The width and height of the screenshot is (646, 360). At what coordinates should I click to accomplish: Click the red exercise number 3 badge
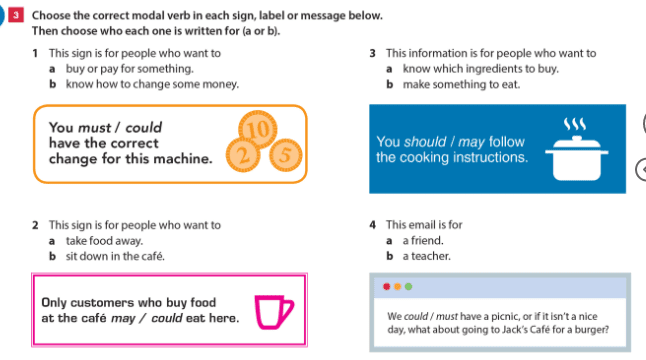point(16,15)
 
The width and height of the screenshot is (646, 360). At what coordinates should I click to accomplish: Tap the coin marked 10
point(258,129)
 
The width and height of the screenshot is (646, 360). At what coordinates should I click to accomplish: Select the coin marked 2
point(243,155)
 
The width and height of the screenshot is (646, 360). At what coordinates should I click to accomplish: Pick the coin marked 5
point(286,155)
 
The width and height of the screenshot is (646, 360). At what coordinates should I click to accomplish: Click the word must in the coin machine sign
point(95,128)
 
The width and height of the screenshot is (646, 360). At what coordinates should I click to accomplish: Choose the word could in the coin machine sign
point(144,128)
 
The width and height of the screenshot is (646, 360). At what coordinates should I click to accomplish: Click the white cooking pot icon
point(577,158)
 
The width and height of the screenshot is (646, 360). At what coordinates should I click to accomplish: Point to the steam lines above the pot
point(575,124)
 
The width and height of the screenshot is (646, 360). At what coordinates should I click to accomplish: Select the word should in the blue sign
point(425,142)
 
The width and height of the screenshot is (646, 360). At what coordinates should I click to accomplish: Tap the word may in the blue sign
point(471,143)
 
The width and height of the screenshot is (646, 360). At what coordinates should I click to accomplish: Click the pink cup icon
point(274,312)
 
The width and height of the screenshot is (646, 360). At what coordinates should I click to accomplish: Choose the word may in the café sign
point(123,318)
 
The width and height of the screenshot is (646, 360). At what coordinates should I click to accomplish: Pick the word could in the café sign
point(167,318)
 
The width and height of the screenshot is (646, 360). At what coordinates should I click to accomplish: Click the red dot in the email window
point(386,287)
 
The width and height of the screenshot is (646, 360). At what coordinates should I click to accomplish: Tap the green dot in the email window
point(408,287)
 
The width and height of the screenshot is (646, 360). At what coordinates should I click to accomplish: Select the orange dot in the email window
point(398,287)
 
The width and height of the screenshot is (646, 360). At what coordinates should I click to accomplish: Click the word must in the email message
point(447,316)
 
